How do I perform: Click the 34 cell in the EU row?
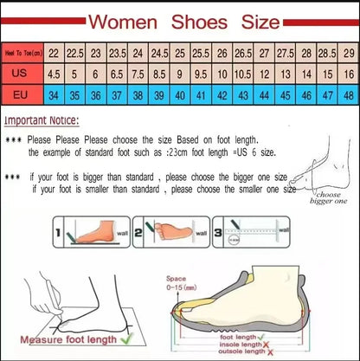tap(54, 93)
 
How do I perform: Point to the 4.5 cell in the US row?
tap(54, 74)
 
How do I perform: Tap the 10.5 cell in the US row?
tap(243, 74)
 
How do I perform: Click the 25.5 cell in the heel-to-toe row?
tap(201, 54)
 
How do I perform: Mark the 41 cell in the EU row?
tap(201, 93)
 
